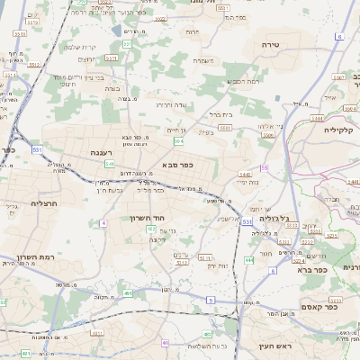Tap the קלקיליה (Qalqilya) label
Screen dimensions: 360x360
click(342, 129)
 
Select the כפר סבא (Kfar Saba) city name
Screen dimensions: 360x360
click(177, 166)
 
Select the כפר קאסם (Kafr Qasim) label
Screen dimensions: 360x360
click(319, 306)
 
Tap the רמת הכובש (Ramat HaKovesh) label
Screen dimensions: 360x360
click(244, 82)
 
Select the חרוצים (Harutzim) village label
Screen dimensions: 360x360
click(87, 58)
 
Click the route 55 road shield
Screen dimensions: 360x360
click(264, 168)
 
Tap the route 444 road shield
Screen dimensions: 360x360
click(247, 259)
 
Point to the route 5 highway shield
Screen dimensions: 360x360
click(210, 300)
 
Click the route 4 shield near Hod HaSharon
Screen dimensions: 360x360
click(104, 221)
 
